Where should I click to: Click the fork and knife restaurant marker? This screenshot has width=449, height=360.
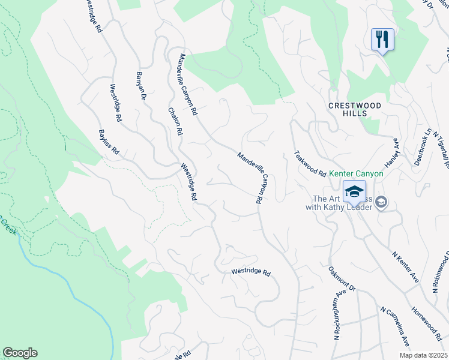click(x=382, y=40)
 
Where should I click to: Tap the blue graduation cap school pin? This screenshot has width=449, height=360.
click(x=354, y=192)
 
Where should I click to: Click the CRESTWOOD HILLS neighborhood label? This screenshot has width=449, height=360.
click(x=355, y=109)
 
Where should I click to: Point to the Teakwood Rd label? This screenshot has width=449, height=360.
click(x=310, y=163)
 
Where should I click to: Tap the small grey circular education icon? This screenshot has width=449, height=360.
click(x=381, y=204)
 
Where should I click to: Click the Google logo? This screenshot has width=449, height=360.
click(x=20, y=353)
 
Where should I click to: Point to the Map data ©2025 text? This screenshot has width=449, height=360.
click(x=423, y=355)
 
